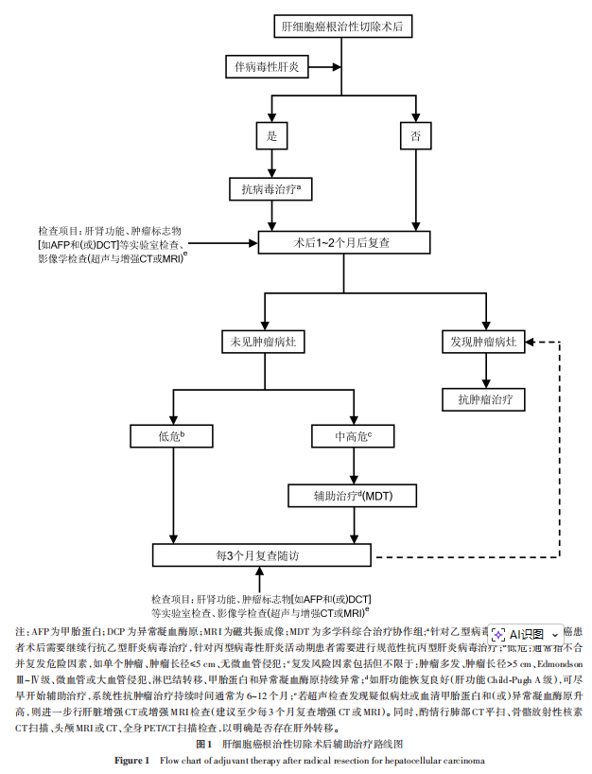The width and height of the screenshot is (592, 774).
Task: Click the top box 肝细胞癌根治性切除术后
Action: click(x=341, y=27)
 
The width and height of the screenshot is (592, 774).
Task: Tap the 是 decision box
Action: click(x=271, y=136)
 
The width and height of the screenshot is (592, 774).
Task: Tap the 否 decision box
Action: click(x=414, y=136)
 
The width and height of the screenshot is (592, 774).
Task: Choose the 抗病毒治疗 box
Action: click(x=271, y=190)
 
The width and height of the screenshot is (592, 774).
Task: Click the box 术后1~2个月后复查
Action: click(x=341, y=243)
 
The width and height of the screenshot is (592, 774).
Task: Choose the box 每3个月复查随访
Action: click(x=264, y=554)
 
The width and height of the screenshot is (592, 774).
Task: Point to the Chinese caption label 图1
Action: click(x=203, y=746)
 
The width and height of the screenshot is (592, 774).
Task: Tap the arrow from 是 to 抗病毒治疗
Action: click(x=271, y=163)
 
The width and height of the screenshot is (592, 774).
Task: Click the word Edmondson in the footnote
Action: click(x=566, y=664)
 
